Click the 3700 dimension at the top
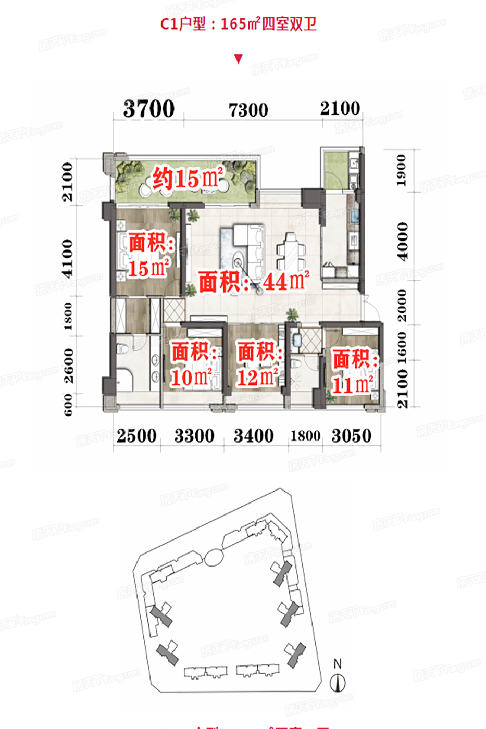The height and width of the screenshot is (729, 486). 149,109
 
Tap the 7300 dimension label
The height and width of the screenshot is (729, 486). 248,110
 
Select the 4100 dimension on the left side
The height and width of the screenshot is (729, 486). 68,258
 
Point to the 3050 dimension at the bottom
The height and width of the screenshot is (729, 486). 352,436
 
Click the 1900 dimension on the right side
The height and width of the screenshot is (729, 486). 401,170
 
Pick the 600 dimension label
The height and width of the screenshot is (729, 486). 68,405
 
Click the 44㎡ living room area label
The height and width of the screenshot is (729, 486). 254,282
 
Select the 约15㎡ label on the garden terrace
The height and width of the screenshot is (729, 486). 188,179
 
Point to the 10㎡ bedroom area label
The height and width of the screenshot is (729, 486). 192,364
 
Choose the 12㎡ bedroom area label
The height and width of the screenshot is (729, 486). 258,364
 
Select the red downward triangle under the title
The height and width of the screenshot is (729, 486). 239,59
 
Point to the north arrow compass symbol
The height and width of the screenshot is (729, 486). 338,682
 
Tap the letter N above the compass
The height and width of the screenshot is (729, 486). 338,664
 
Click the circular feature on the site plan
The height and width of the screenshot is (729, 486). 213,558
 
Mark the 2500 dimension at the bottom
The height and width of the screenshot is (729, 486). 136,436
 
